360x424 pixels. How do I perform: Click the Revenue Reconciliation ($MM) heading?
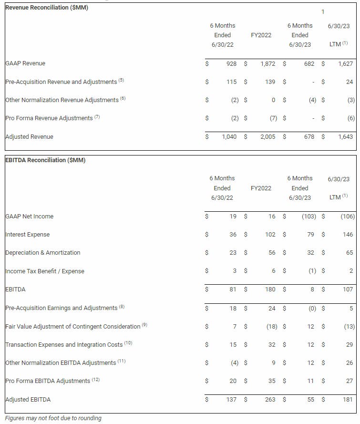[x=46, y=8]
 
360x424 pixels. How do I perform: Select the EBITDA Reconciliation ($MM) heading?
[x=45, y=160]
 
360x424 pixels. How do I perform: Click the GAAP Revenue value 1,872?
[x=268, y=63]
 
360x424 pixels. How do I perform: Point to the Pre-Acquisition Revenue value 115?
[x=231, y=82]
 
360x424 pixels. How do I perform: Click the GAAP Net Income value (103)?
[x=309, y=217]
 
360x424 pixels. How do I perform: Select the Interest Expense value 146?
[x=348, y=235]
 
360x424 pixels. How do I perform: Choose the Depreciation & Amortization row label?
[x=43, y=253]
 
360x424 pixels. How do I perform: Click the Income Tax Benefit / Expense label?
[x=45, y=271]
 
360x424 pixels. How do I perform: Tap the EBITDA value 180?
[x=270, y=290]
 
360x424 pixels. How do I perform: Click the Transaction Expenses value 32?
[x=272, y=344]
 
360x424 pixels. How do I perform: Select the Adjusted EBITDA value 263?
[x=270, y=400]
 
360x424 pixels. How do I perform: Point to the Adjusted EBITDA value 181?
[x=348, y=400]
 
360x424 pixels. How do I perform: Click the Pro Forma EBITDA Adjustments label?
[x=48, y=381]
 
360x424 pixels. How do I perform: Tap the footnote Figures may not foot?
[x=53, y=418]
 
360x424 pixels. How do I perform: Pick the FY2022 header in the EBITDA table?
[x=261, y=188]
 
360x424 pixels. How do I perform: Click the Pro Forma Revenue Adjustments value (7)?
[x=271, y=118]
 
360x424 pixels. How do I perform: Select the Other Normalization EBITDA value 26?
[x=350, y=363]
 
